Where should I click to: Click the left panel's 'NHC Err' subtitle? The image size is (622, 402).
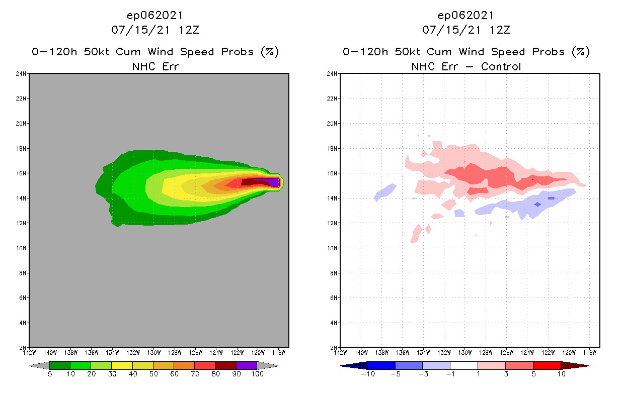pyautogui.click(x=155, y=66)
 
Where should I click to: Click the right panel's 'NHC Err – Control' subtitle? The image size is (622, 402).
pyautogui.click(x=466, y=66)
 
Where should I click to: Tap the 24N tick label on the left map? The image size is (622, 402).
pyautogui.click(x=22, y=74)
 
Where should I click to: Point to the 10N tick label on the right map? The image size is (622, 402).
pyautogui.click(x=333, y=248)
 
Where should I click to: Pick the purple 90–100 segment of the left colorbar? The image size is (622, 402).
pyautogui.click(x=247, y=365)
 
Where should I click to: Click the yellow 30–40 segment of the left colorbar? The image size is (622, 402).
pyautogui.click(x=122, y=365)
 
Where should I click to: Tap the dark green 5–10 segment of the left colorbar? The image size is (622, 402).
pyautogui.click(x=60, y=365)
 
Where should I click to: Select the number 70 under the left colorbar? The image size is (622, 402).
pyautogui.click(x=195, y=374)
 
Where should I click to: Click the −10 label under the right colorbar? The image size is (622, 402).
pyautogui.click(x=368, y=374)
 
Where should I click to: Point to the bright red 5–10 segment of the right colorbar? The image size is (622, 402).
pyautogui.click(x=547, y=365)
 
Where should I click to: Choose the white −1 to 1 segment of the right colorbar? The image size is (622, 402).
pyautogui.click(x=463, y=365)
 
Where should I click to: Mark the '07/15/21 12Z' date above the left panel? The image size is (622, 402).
pyautogui.click(x=155, y=30)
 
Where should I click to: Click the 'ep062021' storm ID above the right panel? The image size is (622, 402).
pyautogui.click(x=466, y=16)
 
